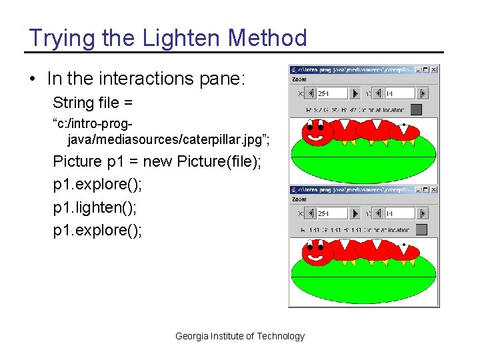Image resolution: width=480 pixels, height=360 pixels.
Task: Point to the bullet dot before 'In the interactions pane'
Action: click(33, 79)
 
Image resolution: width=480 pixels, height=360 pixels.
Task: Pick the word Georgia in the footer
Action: click(191, 336)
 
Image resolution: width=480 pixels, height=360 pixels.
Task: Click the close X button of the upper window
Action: click(434, 69)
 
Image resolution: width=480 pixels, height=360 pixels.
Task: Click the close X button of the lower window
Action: click(434, 190)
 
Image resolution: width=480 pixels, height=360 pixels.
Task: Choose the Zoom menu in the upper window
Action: click(299, 79)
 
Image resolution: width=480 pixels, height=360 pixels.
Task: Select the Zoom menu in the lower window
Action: click(299, 199)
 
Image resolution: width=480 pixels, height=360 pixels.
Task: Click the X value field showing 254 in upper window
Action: click(331, 93)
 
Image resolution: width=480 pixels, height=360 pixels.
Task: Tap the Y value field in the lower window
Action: click(399, 213)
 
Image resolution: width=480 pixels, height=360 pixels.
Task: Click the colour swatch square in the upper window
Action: click(416, 109)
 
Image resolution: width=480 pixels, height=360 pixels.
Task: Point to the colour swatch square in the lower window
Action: click(421, 229)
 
